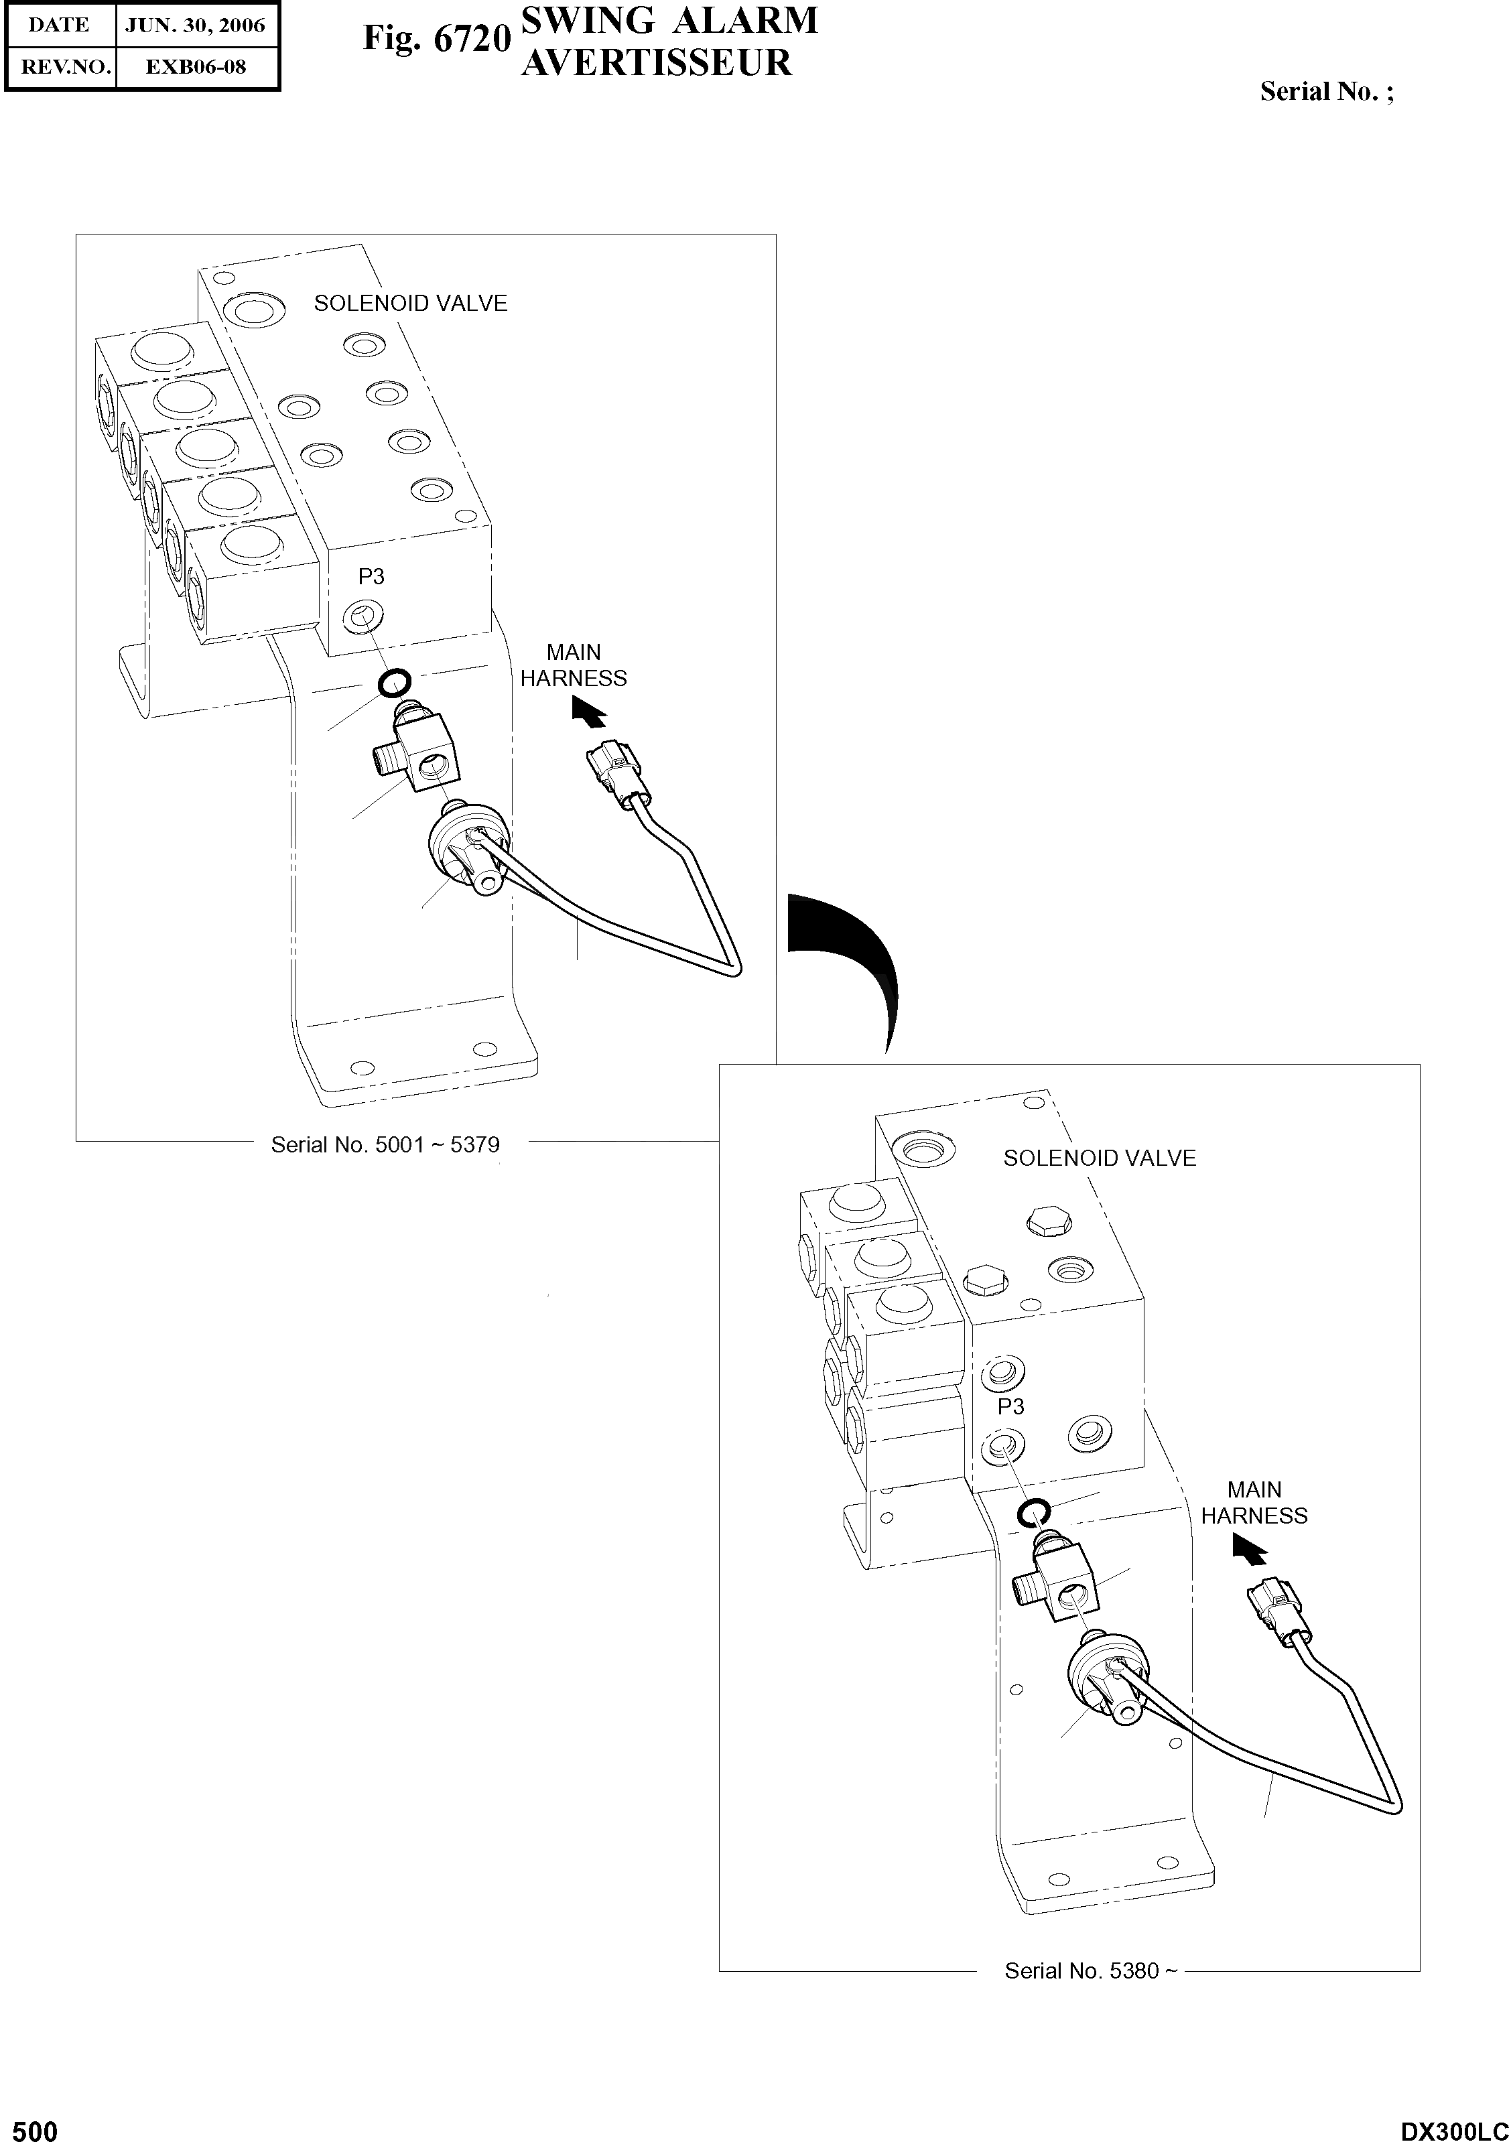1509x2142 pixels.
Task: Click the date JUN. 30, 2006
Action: point(195,25)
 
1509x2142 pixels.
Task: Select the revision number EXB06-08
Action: point(195,67)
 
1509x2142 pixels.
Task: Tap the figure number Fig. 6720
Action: point(437,39)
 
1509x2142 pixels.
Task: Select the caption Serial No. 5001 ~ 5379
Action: point(385,1145)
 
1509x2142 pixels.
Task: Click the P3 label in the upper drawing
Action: point(371,577)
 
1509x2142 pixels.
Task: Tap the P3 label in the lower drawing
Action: point(1010,1406)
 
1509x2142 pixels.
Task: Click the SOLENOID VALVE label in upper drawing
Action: point(411,304)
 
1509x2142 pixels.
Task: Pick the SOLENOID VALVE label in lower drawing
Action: point(1100,1158)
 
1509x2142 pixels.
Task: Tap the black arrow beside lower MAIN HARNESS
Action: point(1248,1550)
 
